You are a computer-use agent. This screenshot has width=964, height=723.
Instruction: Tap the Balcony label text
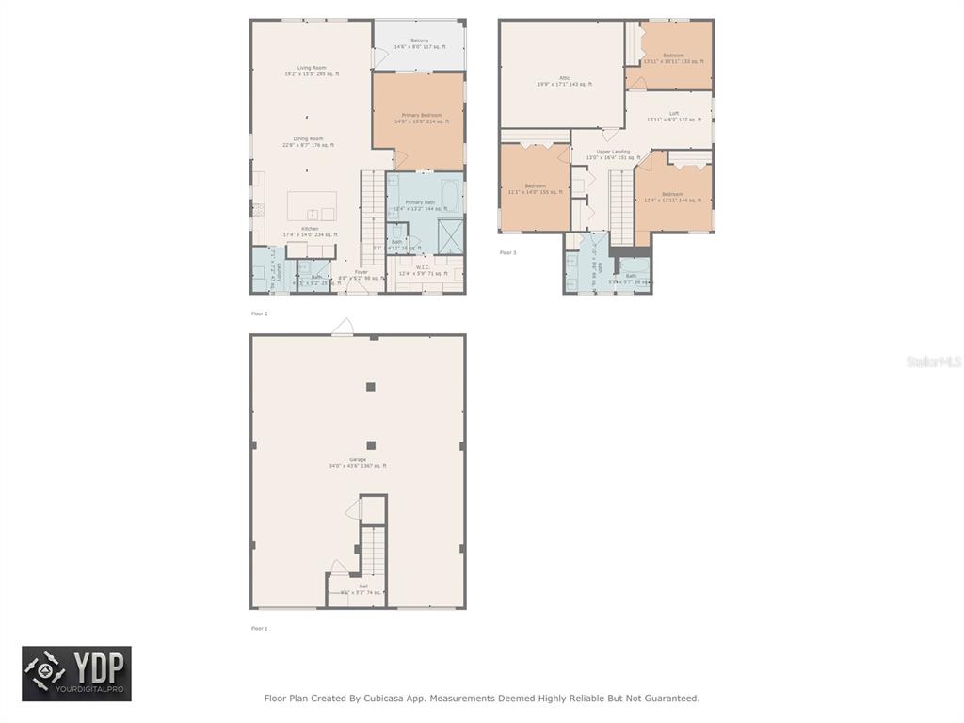click(x=419, y=40)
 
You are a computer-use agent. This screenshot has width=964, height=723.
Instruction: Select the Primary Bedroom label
click(x=419, y=115)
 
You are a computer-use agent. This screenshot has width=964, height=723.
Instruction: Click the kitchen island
click(x=312, y=205)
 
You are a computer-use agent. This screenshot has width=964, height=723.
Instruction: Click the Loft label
click(x=673, y=113)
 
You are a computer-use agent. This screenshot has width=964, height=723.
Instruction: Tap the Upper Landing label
click(x=613, y=152)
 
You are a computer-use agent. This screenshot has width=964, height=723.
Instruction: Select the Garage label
click(x=358, y=459)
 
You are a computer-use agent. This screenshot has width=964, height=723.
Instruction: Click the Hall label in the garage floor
click(x=362, y=586)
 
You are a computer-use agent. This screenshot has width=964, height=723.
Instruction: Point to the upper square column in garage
click(x=371, y=386)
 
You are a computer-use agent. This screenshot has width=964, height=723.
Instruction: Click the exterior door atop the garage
click(x=343, y=329)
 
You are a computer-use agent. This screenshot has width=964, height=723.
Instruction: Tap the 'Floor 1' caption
click(x=259, y=628)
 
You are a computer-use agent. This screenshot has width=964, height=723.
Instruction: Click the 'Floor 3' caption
click(x=507, y=252)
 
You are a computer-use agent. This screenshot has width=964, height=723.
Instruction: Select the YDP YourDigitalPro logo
click(x=76, y=673)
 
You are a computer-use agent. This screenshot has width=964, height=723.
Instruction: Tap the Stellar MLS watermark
click(x=933, y=361)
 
